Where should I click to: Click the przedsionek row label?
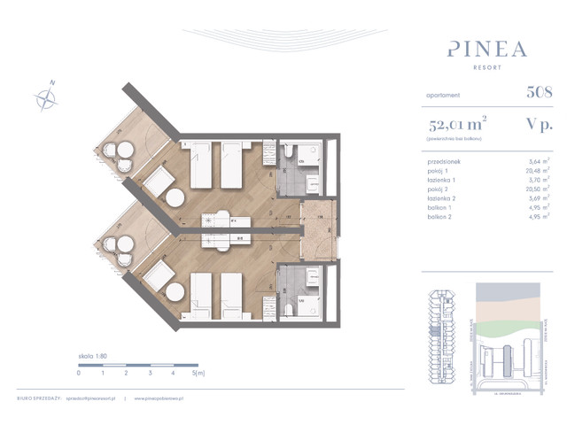[x=444, y=162]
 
